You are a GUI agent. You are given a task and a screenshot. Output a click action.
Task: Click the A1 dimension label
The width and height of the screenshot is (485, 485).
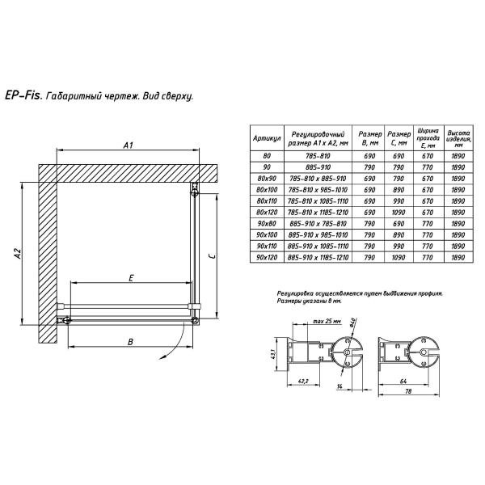tap(128, 145)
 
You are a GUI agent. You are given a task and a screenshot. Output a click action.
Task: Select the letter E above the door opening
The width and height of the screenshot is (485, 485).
tap(131, 278)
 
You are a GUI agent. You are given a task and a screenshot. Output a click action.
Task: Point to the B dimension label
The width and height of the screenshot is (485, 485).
tap(130, 342)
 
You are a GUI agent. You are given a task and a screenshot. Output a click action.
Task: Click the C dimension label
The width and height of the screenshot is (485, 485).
tap(212, 255)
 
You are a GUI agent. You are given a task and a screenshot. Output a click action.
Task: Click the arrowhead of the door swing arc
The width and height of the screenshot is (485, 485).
tap(162, 357)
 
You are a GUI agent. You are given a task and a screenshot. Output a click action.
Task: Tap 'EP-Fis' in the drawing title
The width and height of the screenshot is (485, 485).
tap(23, 96)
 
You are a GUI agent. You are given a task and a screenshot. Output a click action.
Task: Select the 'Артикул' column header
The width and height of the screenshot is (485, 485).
tap(267, 138)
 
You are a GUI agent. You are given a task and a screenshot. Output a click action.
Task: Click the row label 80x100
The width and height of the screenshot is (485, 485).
tap(267, 190)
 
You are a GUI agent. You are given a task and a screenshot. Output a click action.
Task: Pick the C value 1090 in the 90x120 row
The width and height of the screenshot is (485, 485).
tap(399, 257)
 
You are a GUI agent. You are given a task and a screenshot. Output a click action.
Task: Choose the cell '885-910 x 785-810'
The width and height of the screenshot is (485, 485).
tap(318, 224)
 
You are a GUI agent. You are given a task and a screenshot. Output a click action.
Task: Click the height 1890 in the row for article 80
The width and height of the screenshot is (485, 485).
tap(458, 156)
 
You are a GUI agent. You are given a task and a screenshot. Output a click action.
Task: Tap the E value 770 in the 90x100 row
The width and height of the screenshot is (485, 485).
tap(428, 234)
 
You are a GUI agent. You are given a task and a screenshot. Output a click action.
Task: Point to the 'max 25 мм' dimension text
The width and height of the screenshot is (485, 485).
tap(327, 321)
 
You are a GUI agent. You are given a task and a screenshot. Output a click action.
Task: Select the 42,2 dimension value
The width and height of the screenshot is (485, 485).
tap(303, 381)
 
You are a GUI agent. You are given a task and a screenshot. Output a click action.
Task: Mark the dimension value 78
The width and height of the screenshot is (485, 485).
tap(408, 391)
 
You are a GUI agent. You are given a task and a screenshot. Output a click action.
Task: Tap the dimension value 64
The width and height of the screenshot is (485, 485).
tap(403, 382)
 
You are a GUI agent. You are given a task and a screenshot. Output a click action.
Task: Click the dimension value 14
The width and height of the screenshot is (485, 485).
tap(339, 386)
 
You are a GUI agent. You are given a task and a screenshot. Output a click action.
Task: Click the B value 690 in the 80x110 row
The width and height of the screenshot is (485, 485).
tap(369, 201)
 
